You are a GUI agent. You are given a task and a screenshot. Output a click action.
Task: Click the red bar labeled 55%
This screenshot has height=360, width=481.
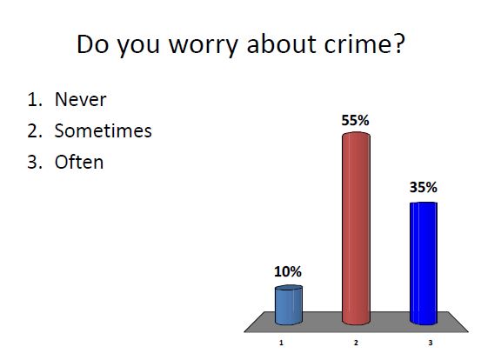[x=356, y=230]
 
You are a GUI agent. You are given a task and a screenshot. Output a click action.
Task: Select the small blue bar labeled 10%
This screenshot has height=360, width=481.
[x=288, y=304]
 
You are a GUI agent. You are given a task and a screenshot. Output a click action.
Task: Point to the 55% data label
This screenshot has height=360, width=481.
[x=356, y=121]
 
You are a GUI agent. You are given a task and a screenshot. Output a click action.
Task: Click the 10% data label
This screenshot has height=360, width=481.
[x=288, y=272]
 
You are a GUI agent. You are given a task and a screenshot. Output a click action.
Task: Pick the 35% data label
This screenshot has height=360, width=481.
[x=424, y=187]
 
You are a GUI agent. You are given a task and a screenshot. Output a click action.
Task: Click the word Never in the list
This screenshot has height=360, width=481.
[x=80, y=99]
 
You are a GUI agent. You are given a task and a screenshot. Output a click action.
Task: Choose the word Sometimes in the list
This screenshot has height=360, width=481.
[x=103, y=130]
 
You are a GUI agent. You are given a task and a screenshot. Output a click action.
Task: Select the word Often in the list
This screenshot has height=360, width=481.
[x=79, y=162]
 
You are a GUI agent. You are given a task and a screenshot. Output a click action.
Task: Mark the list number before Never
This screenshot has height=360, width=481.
[x=34, y=99]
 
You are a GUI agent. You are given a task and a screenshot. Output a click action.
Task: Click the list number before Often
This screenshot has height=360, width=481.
[x=34, y=162]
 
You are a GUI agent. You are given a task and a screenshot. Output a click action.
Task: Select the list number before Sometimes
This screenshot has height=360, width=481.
[x=34, y=130]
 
